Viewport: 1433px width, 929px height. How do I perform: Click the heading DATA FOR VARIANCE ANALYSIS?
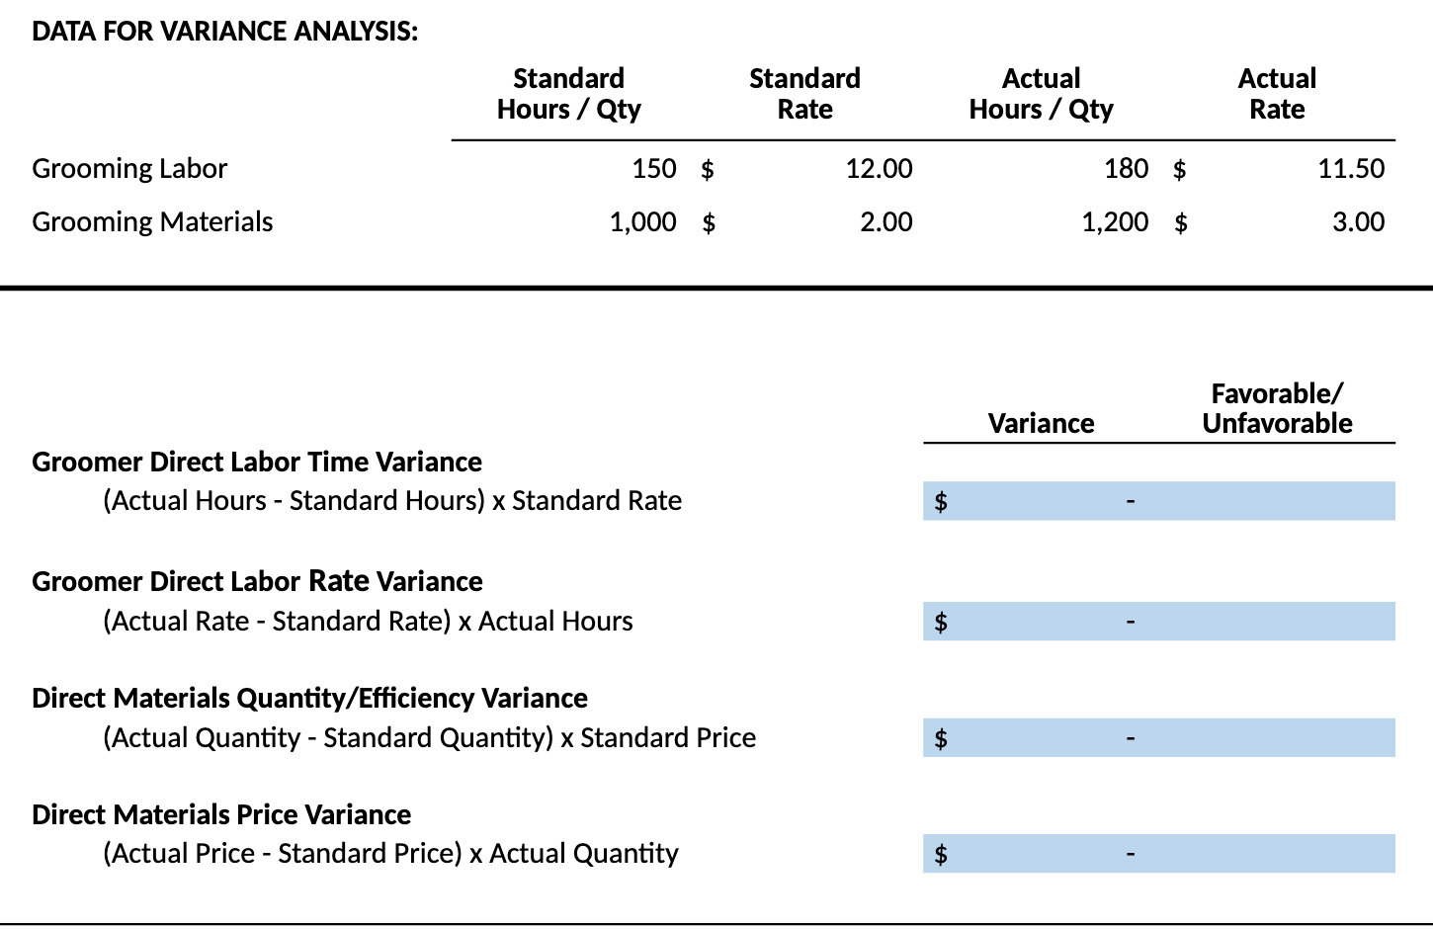[x=224, y=32]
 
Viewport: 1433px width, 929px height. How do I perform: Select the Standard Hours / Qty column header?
[x=568, y=94]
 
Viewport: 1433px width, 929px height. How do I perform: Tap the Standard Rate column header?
[x=804, y=94]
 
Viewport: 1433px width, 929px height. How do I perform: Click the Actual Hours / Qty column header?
[x=1041, y=94]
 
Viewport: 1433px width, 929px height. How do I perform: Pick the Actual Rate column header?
[x=1277, y=94]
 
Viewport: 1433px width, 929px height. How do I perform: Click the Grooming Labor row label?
[x=129, y=169]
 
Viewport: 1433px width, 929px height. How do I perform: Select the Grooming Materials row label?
[x=152, y=222]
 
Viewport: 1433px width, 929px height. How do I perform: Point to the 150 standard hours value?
[x=653, y=169]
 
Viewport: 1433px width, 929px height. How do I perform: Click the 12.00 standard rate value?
[x=879, y=169]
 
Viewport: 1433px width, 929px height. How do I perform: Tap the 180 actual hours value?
[x=1126, y=169]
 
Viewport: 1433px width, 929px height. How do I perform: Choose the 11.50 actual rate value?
[x=1351, y=169]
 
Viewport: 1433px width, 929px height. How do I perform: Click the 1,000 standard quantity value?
[x=642, y=222]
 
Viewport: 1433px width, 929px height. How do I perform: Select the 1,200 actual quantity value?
[x=1115, y=222]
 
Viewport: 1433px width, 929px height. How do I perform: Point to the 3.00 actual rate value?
[x=1358, y=222]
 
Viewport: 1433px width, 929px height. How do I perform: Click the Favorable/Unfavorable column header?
[x=1277, y=408]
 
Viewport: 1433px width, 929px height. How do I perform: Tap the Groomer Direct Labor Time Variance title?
[x=257, y=463]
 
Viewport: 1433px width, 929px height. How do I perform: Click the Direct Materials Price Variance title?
[x=221, y=815]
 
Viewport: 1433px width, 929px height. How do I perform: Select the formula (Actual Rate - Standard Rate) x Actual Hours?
[x=368, y=622]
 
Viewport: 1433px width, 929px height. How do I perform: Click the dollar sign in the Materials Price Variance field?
[x=941, y=854]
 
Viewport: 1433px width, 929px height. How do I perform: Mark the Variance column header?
[x=1041, y=424]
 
